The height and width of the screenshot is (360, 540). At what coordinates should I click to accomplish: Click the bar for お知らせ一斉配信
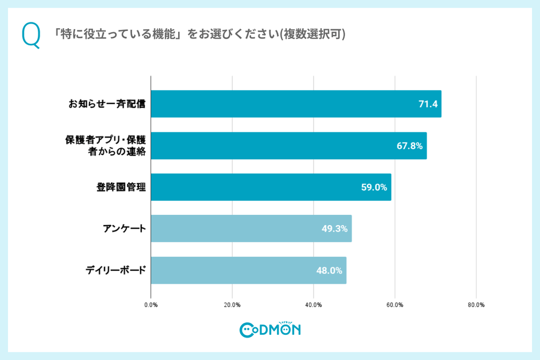pyautogui.click(x=296, y=104)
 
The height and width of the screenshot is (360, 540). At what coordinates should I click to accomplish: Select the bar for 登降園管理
pyautogui.click(x=271, y=187)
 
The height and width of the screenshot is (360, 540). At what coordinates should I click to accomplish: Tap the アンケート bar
pyautogui.click(x=251, y=229)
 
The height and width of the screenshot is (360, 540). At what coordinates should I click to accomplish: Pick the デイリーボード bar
pyautogui.click(x=248, y=270)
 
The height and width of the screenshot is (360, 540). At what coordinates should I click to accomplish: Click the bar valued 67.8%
pyautogui.click(x=288, y=146)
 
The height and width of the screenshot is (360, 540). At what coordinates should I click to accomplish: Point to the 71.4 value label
pyautogui.click(x=428, y=104)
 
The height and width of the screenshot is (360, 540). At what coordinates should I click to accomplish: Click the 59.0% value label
pyautogui.click(x=374, y=187)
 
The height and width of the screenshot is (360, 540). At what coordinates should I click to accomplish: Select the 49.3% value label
pyautogui.click(x=334, y=229)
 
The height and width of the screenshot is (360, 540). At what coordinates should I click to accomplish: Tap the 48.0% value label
pyautogui.click(x=329, y=270)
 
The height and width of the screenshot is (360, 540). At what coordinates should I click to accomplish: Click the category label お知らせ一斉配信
pyautogui.click(x=107, y=104)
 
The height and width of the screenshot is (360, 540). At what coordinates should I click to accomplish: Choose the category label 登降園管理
pyautogui.click(x=121, y=187)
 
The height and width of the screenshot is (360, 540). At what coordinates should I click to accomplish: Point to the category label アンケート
pyautogui.click(x=124, y=229)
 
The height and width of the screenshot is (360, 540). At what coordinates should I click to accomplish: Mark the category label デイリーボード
pyautogui.click(x=116, y=270)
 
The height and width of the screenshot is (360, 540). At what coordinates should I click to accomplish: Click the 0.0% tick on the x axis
pyautogui.click(x=151, y=305)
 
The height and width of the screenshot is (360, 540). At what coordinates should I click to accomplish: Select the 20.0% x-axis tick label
pyautogui.click(x=232, y=305)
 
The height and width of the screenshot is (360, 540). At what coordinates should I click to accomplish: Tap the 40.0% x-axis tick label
pyautogui.click(x=313, y=305)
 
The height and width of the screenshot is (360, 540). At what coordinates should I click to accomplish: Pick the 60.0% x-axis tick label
pyautogui.click(x=395, y=305)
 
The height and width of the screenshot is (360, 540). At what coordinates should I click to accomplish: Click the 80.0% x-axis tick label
pyautogui.click(x=476, y=305)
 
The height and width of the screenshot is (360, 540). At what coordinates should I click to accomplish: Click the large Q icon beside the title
pyautogui.click(x=31, y=36)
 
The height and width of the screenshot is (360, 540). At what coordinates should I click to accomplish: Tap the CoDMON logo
pyautogui.click(x=270, y=329)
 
